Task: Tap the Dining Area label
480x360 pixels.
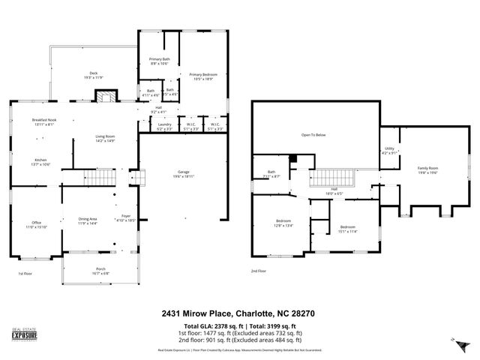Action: (88, 221)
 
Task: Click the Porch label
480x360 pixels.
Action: (100, 272)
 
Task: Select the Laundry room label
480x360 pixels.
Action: (164, 127)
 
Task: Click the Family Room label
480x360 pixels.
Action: (427, 169)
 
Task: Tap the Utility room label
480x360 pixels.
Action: (389, 151)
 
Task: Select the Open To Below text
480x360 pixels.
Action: (313, 135)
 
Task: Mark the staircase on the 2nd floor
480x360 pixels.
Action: (327, 179)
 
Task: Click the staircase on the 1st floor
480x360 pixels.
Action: (95, 180)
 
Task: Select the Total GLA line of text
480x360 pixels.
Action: (239, 327)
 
